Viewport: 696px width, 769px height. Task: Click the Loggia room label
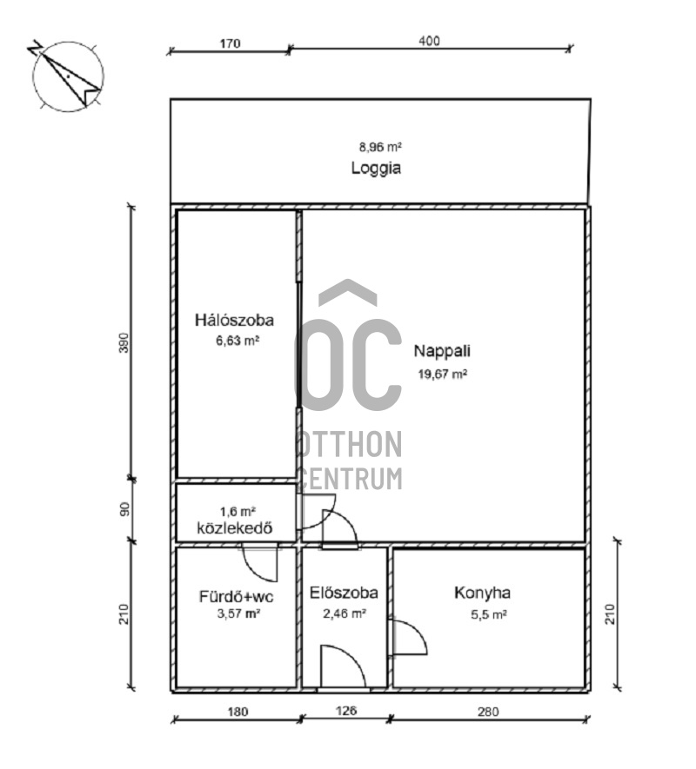coord(376,169)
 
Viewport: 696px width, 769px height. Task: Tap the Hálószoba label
coord(234,321)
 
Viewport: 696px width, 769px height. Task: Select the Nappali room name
coord(442,351)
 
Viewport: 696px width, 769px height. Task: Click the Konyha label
coord(482,593)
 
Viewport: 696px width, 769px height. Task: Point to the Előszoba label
coord(344,593)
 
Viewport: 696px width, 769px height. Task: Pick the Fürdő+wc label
coord(237,597)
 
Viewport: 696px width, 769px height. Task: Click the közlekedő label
coord(235,528)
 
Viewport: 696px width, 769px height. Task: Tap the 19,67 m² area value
coord(443,375)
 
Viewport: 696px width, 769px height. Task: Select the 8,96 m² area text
coord(381,147)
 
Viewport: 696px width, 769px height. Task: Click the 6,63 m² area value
coord(238,341)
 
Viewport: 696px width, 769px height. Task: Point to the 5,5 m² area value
coord(489,614)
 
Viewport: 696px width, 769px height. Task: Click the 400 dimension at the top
coord(429,41)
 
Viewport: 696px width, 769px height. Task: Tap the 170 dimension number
coord(230,43)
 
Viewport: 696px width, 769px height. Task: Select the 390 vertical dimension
coord(124,343)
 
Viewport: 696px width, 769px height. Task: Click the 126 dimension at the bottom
coord(345,710)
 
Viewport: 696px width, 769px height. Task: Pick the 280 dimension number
coord(488,712)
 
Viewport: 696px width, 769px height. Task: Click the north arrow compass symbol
coord(68,76)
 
